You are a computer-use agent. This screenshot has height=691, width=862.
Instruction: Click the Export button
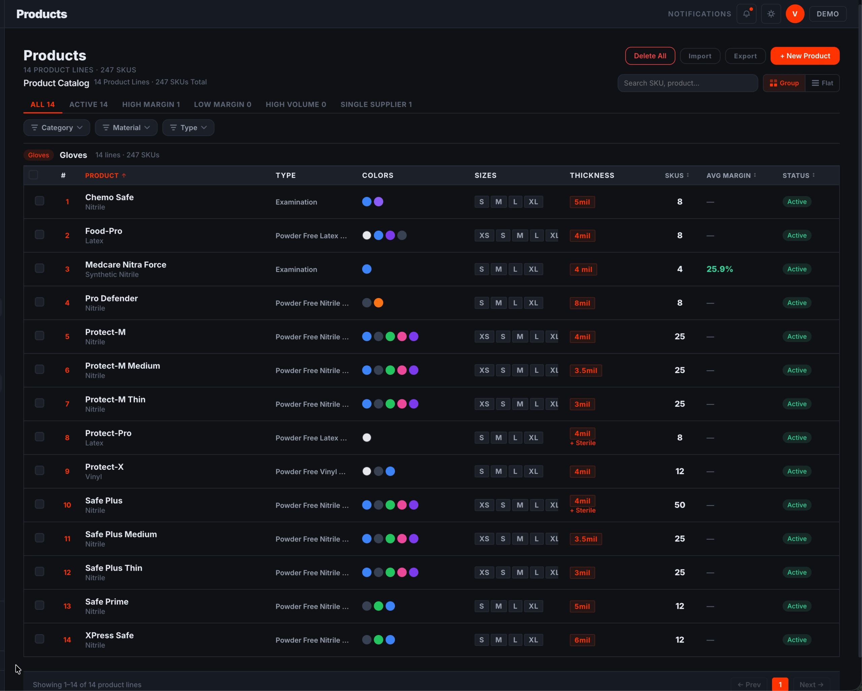click(x=745, y=56)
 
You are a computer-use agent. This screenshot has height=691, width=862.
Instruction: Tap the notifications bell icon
click(x=746, y=14)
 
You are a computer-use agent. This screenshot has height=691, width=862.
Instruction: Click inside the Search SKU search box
click(x=687, y=83)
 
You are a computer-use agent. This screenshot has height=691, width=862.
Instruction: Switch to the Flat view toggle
click(x=822, y=83)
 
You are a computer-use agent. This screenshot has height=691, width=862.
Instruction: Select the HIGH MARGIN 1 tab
click(x=151, y=104)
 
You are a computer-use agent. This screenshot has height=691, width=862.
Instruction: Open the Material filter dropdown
click(x=126, y=128)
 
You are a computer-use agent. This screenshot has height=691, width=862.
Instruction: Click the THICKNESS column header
click(x=592, y=175)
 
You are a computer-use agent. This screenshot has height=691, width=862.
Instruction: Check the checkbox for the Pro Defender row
click(x=40, y=302)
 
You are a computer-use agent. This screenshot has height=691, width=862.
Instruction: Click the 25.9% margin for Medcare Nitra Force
click(x=719, y=269)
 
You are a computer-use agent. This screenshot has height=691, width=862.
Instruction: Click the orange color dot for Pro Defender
click(x=378, y=303)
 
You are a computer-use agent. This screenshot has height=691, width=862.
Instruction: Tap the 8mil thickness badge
click(x=582, y=303)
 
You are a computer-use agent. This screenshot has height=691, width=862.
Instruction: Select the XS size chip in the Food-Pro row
click(x=484, y=235)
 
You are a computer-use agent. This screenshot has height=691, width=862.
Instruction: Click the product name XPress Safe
click(x=109, y=635)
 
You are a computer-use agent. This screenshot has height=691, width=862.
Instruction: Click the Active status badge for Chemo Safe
click(x=796, y=202)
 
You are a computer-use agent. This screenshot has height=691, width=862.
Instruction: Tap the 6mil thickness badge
click(x=582, y=640)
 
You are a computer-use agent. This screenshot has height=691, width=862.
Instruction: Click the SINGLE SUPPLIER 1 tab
click(x=376, y=104)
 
